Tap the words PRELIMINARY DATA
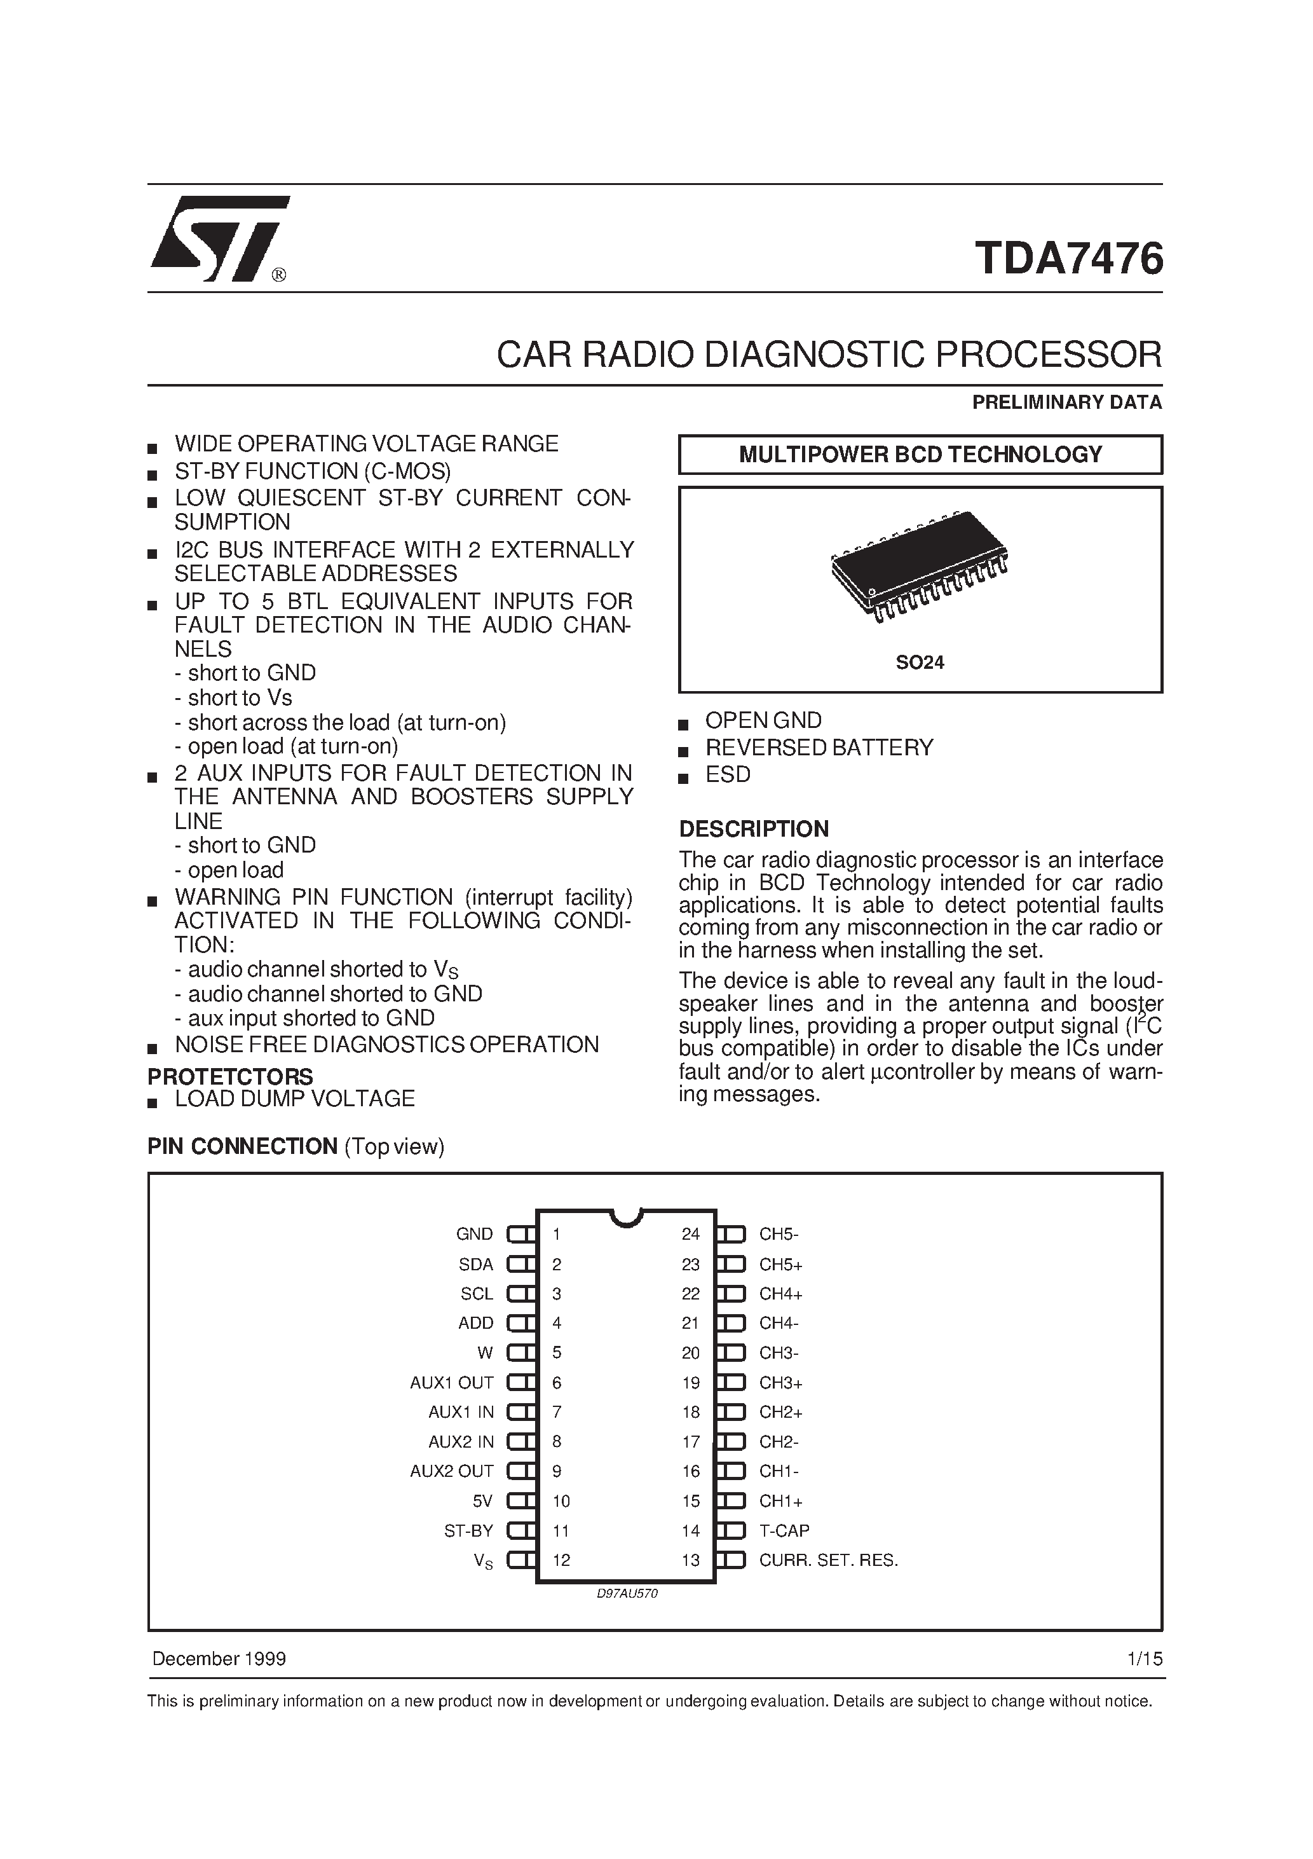click(1066, 402)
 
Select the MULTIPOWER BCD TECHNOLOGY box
click(920, 454)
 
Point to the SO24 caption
click(920, 662)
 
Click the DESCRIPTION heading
click(753, 829)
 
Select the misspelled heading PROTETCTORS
click(230, 1077)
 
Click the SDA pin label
click(476, 1264)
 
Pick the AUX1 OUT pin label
click(452, 1383)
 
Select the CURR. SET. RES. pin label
click(828, 1560)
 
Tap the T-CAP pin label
click(784, 1531)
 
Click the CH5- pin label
click(779, 1234)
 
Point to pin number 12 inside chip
click(561, 1560)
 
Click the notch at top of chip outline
click(626, 1217)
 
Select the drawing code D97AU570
click(627, 1593)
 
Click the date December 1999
click(219, 1659)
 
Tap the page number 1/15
click(1144, 1659)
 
